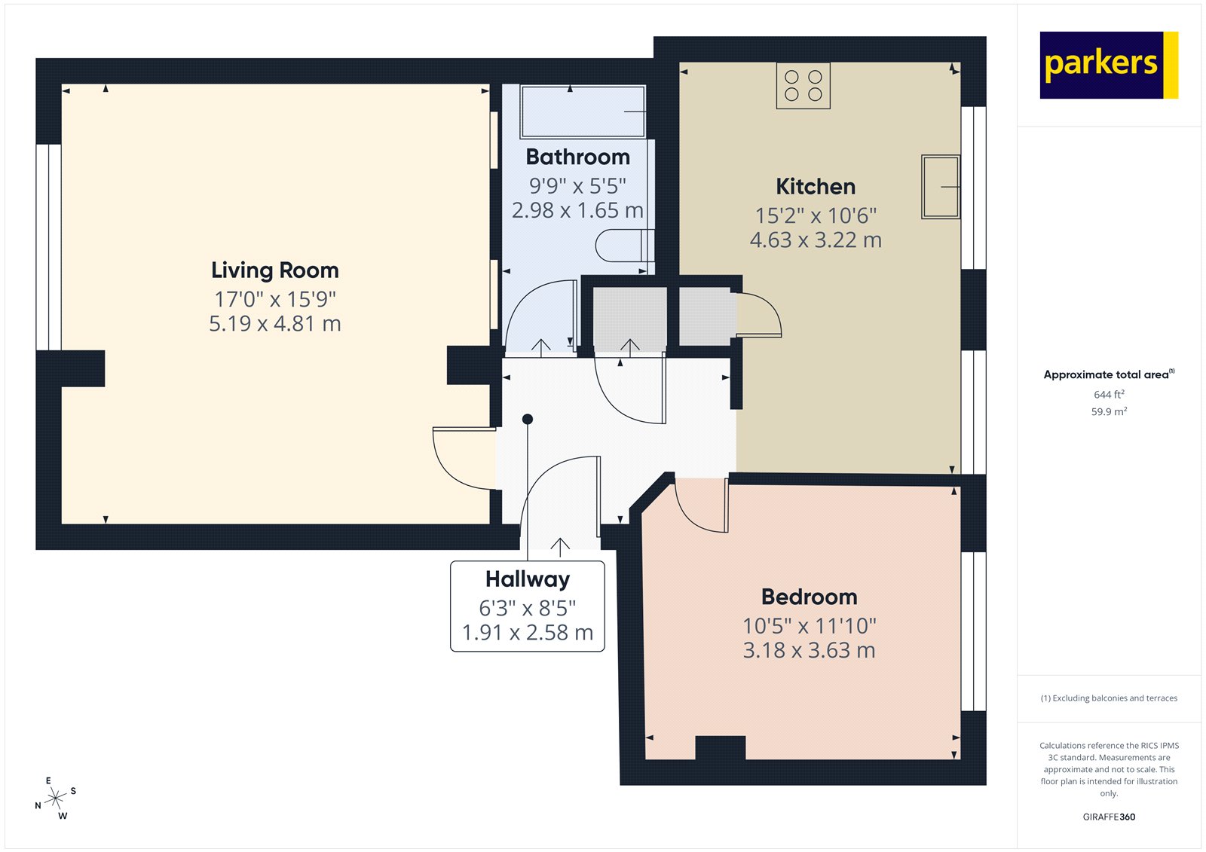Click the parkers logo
(1108, 65)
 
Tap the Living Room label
(274, 270)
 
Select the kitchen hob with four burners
(803, 86)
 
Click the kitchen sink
(940, 187)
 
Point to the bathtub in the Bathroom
(583, 111)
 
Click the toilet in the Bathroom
(624, 246)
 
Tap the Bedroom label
(809, 597)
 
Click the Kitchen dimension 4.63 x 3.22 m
(816, 240)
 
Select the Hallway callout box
(527, 606)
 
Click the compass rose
(56, 799)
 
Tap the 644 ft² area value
(1108, 395)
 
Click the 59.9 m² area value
(1108, 412)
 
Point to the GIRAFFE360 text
(1108, 817)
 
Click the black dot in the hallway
(528, 419)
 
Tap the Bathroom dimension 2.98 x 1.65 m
(577, 211)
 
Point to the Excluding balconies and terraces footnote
(1108, 698)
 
